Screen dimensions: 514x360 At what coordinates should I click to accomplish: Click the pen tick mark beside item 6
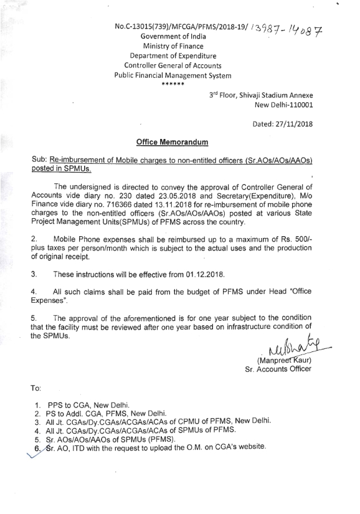click(x=25, y=454)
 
